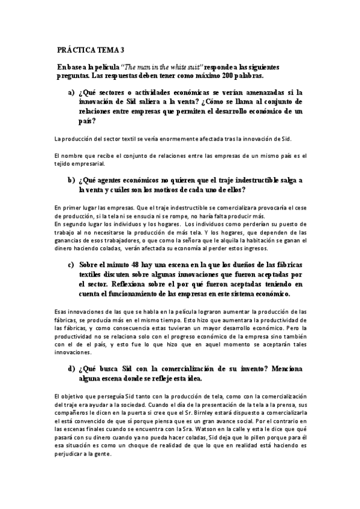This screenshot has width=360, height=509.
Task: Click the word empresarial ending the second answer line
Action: (88, 163)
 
